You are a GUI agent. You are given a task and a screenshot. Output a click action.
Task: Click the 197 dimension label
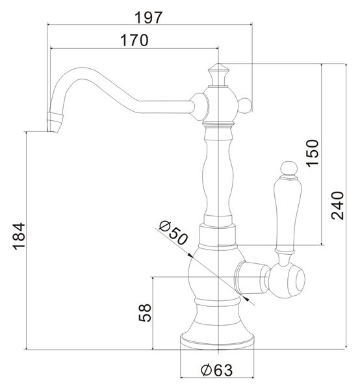(x=148, y=18)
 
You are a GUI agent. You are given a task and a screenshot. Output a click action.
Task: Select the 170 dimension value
(x=135, y=40)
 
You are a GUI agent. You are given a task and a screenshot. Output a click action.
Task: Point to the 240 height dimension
(x=337, y=205)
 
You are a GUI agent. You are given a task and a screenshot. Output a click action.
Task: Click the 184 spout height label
(x=19, y=237)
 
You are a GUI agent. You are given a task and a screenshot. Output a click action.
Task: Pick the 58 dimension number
(x=145, y=313)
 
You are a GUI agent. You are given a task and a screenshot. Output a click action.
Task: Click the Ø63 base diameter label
(x=216, y=370)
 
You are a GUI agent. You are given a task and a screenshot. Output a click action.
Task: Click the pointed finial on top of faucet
(x=218, y=74)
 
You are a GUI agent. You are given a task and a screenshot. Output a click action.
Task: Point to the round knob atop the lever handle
(x=289, y=168)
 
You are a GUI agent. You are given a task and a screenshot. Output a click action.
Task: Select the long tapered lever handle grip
(x=287, y=213)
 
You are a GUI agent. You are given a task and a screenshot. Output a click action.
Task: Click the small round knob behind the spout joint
(x=246, y=105)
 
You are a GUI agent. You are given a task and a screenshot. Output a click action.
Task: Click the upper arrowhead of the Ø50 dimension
(x=190, y=255)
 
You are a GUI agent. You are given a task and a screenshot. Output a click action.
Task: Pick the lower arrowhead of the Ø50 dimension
(x=246, y=298)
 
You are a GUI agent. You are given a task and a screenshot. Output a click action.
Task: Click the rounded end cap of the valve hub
(x=288, y=281)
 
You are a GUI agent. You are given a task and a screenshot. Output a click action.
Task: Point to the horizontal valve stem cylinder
(x=251, y=278)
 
